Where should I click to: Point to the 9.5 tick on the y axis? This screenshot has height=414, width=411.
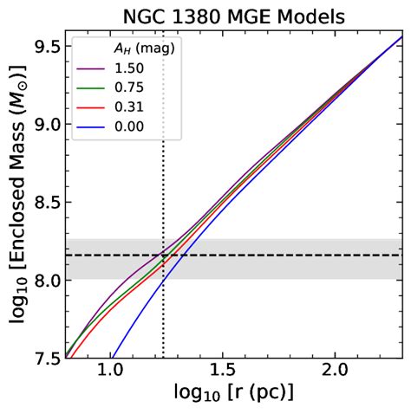[45, 46]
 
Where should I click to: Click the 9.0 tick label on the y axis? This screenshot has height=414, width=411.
[45, 124]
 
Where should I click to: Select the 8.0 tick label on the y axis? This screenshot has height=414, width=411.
[45, 280]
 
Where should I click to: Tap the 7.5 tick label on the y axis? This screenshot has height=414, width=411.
[45, 358]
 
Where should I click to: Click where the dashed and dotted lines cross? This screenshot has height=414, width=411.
[163, 256]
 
